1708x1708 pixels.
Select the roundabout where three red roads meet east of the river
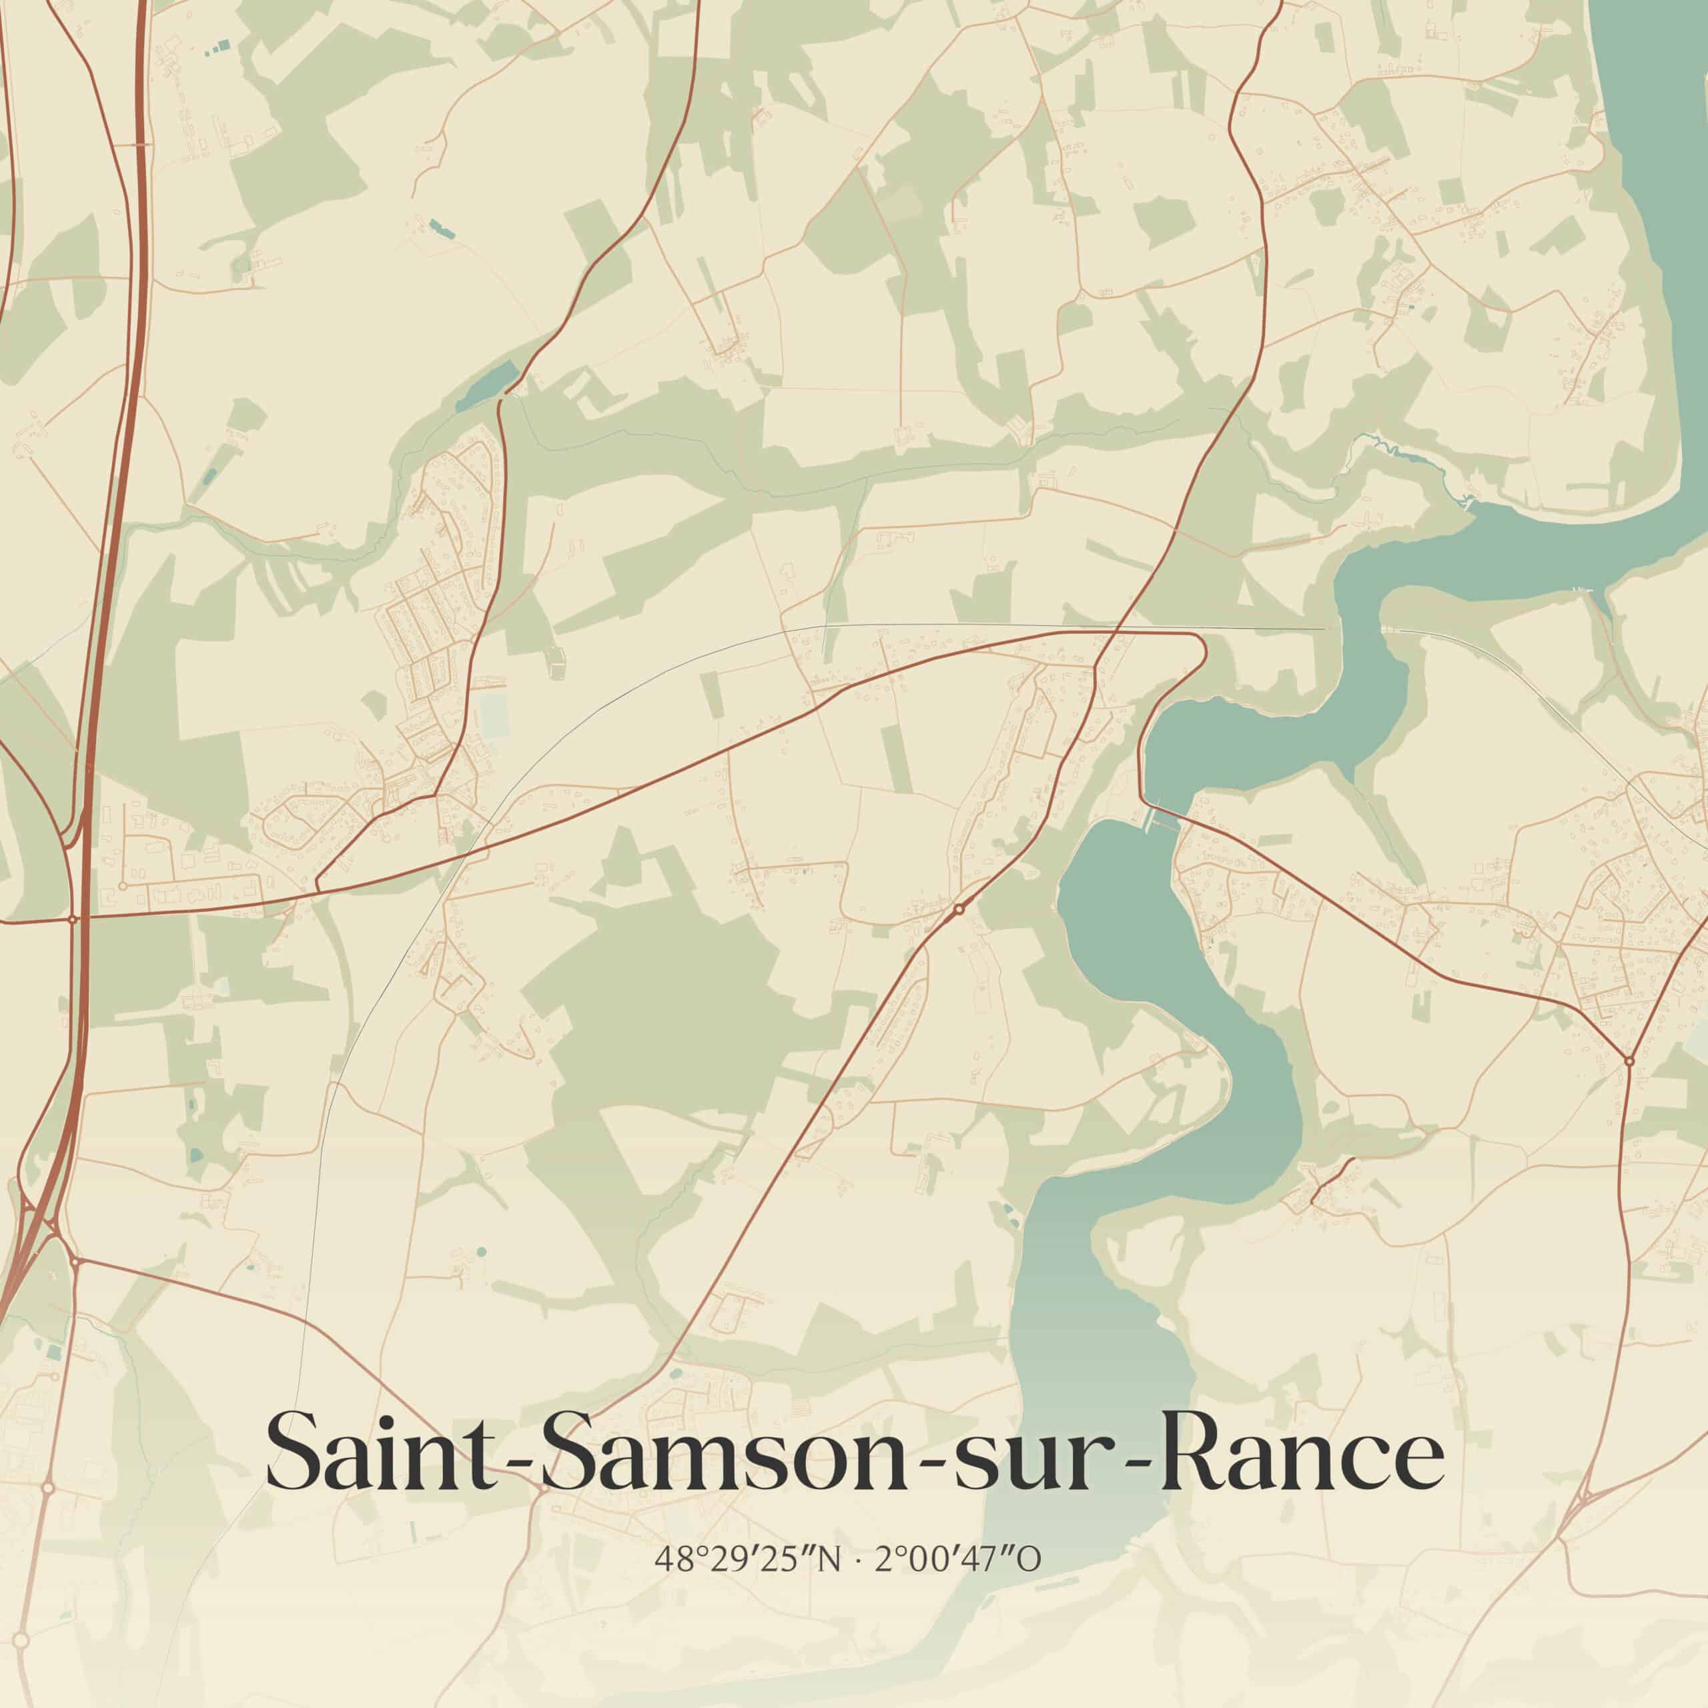(1629, 1060)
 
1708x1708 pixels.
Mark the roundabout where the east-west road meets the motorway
(73, 919)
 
